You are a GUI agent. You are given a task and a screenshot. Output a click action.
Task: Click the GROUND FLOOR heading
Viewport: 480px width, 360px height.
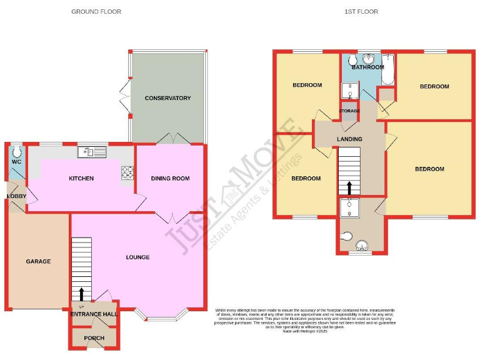coord(96,11)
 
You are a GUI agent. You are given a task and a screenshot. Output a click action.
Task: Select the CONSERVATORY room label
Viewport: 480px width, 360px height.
coord(167,98)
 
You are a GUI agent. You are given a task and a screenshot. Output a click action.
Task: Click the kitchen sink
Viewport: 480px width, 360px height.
coord(92,151)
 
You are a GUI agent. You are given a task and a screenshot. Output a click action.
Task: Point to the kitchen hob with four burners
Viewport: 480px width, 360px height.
coord(128,172)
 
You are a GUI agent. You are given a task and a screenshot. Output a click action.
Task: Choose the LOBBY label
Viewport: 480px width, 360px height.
coord(16,196)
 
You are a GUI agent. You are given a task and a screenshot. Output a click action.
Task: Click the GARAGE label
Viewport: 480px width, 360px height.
coord(38,261)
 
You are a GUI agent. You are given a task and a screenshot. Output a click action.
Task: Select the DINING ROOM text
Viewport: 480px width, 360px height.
coord(170,179)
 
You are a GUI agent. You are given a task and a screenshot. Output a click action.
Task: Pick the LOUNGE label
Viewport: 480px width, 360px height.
coord(137,257)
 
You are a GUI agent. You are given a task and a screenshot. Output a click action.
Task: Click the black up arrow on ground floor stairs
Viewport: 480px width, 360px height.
coord(82,293)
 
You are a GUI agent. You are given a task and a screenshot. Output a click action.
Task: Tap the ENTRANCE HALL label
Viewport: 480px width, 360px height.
coord(93,314)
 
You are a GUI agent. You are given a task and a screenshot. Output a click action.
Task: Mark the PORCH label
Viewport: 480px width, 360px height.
coord(93,338)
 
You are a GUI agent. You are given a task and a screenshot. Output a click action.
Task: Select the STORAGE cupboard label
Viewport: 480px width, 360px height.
coord(349,111)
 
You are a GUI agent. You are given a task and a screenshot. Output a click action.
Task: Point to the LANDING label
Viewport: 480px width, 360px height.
coord(349,139)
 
